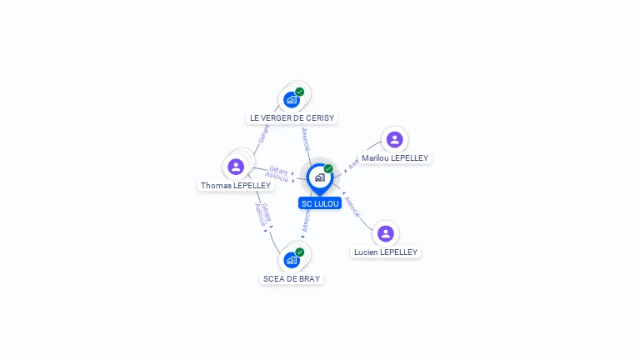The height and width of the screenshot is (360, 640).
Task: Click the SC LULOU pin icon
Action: (x=319, y=177)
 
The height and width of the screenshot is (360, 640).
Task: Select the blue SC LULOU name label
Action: (x=320, y=203)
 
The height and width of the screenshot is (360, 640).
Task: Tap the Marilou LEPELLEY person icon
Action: (x=395, y=139)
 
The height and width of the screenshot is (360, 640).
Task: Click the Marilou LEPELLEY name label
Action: (x=395, y=157)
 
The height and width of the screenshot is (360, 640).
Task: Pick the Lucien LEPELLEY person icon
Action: (x=385, y=233)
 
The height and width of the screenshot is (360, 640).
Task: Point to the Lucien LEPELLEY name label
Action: (x=385, y=252)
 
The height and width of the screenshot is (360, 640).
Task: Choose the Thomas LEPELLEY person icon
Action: (x=236, y=167)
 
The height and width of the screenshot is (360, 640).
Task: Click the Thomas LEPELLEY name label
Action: (x=236, y=185)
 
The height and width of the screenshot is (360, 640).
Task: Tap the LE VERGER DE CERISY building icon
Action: (x=291, y=100)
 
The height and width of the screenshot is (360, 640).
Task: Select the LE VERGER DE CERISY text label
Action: (x=292, y=118)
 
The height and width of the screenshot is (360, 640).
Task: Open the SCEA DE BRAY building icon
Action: (x=291, y=260)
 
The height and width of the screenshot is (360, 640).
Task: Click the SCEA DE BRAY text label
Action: (x=291, y=278)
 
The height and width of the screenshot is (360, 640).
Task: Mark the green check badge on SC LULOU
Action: (x=328, y=168)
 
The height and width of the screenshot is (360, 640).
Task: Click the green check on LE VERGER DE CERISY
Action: (x=299, y=92)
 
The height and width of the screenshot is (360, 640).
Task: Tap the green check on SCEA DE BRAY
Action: (x=299, y=252)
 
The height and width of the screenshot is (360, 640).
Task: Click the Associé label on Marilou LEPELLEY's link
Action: (x=353, y=163)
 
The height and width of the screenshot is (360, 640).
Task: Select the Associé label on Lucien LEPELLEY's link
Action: (x=352, y=207)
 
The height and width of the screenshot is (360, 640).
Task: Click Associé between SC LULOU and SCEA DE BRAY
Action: (x=307, y=220)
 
